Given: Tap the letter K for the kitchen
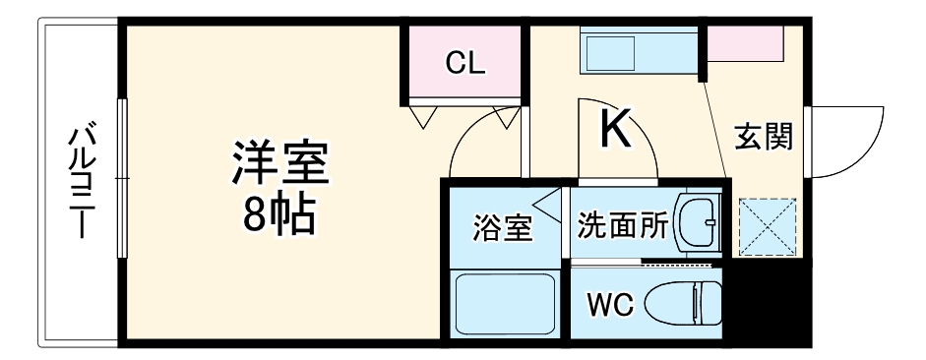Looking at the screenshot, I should click(617, 129).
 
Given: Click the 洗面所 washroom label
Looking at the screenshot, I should click(623, 226).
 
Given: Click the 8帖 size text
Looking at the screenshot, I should click(278, 213).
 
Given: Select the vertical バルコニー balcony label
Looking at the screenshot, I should click(79, 183).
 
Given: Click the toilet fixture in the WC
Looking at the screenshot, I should click(684, 304).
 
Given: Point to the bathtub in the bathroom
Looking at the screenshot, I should click(504, 304).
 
